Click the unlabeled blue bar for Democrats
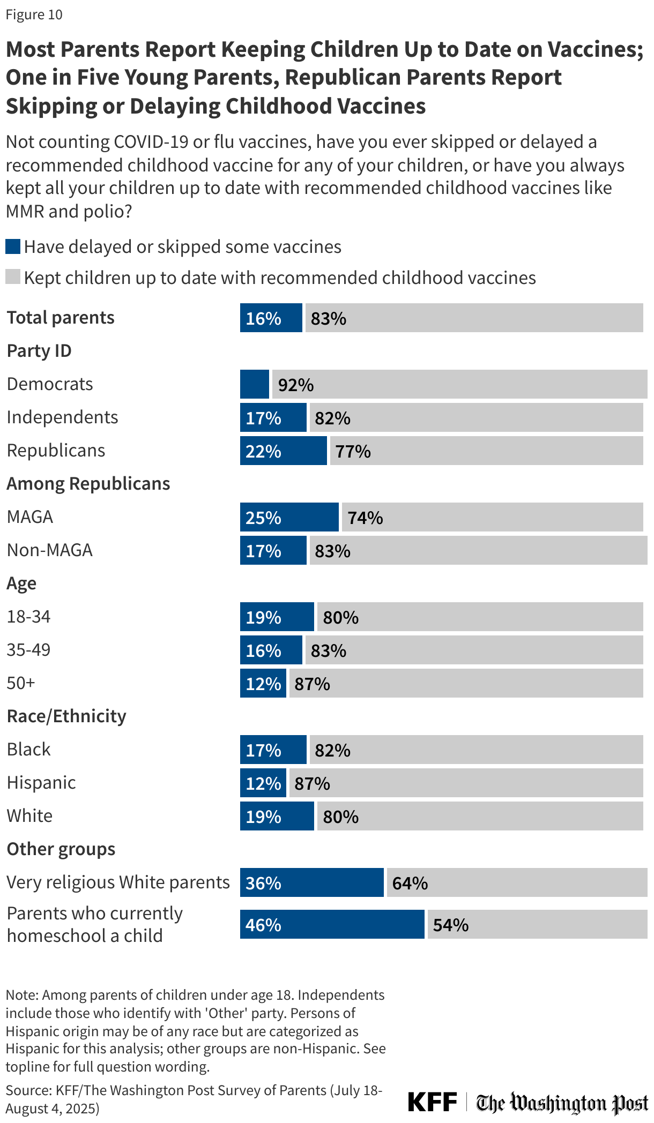tap(254, 384)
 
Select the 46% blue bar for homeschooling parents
tap(332, 924)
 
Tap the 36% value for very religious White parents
tap(263, 883)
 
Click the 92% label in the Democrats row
tap(295, 385)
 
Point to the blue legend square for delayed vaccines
tap(13, 246)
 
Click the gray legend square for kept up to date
tap(13, 277)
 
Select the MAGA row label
tap(30, 517)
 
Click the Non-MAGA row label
tap(49, 550)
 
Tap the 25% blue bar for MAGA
tap(289, 517)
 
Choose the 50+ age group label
tap(21, 683)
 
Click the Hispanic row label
tap(41, 783)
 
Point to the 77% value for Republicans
tap(353, 451)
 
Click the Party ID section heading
tap(39, 351)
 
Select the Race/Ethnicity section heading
tap(66, 716)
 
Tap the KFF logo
tap(432, 1102)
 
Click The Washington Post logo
tap(562, 1103)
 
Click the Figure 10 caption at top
tap(34, 14)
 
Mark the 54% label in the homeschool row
tap(450, 925)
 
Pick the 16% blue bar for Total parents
tap(271, 318)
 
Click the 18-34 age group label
tap(28, 617)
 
